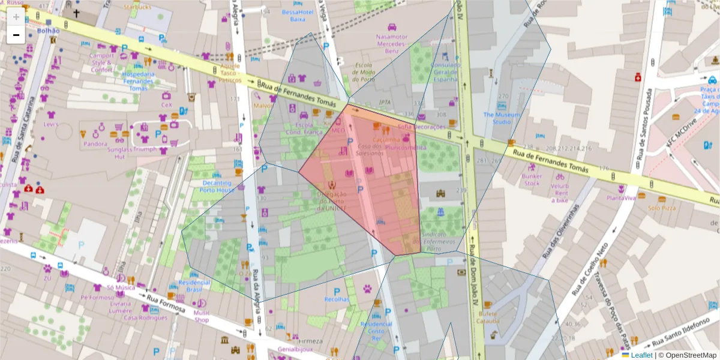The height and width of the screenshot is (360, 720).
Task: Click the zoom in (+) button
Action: [x=16, y=17]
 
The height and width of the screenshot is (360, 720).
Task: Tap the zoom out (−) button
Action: [x=16, y=35]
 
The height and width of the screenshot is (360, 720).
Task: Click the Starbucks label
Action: [x=138, y=7]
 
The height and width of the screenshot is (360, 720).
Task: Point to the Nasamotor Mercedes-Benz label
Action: [x=391, y=44]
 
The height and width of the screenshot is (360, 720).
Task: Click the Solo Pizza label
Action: [x=661, y=208]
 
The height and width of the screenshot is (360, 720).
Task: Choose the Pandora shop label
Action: [x=95, y=144]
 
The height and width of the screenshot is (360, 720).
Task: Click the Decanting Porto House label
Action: [x=218, y=187]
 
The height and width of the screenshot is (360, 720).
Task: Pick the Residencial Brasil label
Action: [x=194, y=286]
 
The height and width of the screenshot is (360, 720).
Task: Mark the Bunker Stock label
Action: [x=532, y=180]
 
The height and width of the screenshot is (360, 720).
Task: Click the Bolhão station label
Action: [x=48, y=30]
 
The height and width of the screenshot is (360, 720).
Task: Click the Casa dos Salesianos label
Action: [x=370, y=150]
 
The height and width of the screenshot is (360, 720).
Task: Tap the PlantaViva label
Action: [x=621, y=198]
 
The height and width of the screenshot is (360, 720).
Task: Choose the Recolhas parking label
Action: [x=337, y=299]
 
